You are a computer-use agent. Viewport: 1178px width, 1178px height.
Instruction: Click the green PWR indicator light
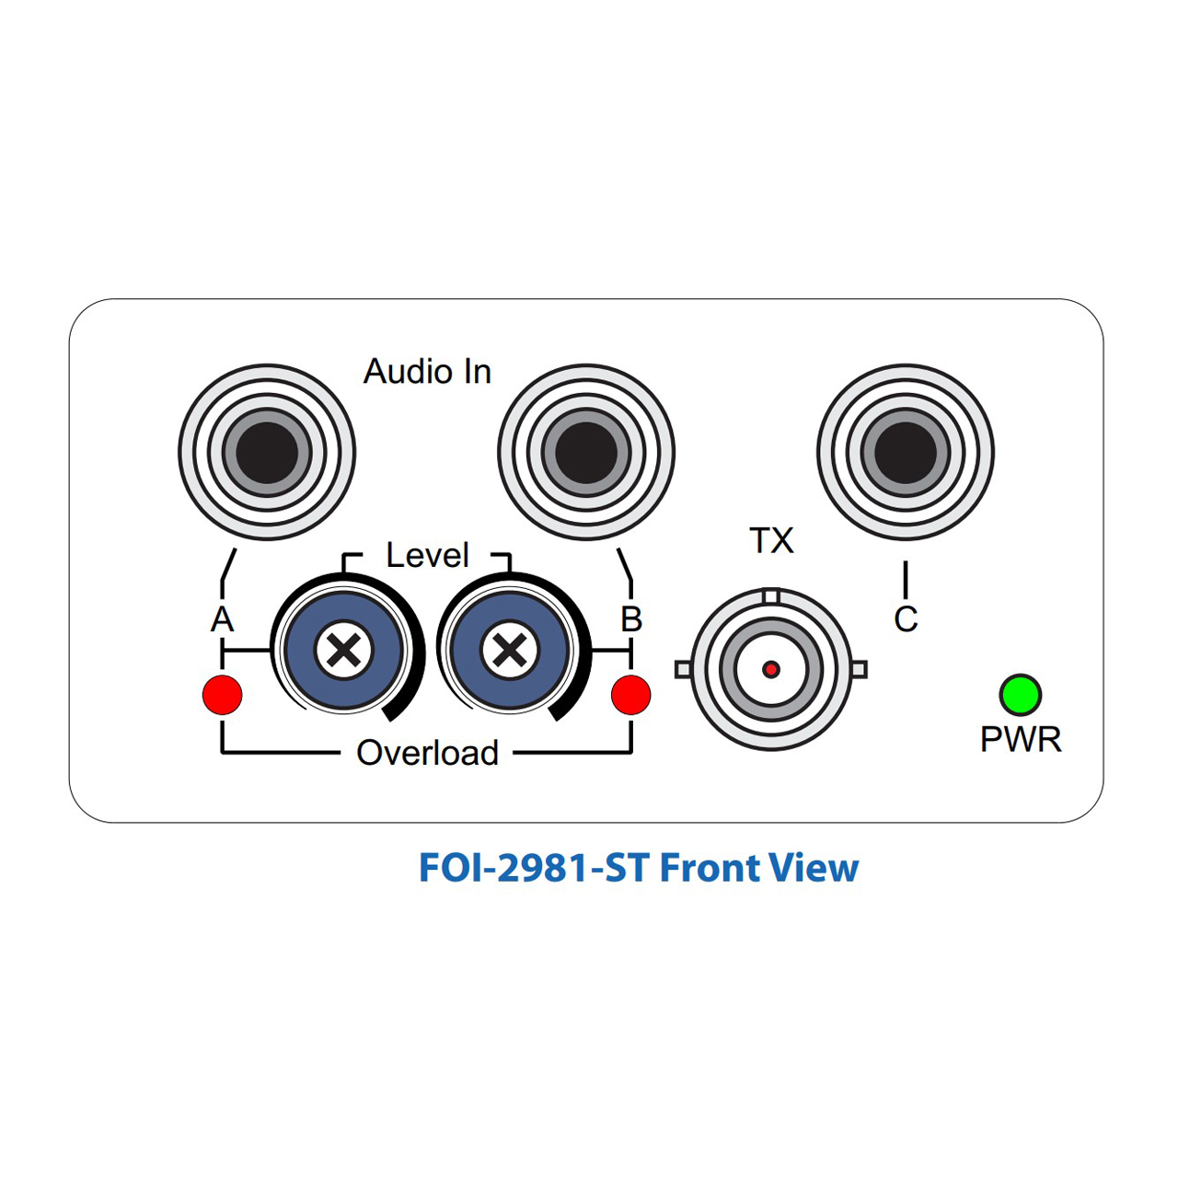point(1021,695)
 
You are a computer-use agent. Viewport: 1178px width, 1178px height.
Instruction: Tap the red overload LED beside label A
point(223,695)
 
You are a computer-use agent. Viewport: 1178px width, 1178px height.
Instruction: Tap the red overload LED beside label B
point(631,695)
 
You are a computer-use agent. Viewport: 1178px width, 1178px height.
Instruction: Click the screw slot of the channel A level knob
point(343,650)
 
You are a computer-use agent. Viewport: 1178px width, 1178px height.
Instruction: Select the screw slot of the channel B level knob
point(510,650)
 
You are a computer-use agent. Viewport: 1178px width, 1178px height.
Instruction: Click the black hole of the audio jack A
point(267,453)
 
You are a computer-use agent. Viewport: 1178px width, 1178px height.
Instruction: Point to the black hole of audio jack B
point(586,453)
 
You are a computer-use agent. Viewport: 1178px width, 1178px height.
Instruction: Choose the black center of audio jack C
point(906,453)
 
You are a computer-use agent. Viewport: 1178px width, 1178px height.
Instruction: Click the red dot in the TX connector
point(771,669)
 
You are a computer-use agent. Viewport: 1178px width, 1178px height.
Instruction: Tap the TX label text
point(771,541)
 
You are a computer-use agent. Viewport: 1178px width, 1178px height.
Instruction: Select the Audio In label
point(427,371)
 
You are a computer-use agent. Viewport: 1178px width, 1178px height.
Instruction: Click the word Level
point(427,555)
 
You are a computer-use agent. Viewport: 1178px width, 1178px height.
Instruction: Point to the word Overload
point(427,753)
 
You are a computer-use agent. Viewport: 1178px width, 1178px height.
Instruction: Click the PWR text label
point(1021,740)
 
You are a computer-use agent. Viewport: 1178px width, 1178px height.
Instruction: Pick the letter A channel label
point(222,619)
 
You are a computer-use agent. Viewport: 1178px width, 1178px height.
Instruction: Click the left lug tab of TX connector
point(683,669)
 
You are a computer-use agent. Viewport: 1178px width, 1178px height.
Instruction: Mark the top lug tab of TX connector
point(771,595)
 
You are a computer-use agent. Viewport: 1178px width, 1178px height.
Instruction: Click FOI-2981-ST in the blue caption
point(534,868)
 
